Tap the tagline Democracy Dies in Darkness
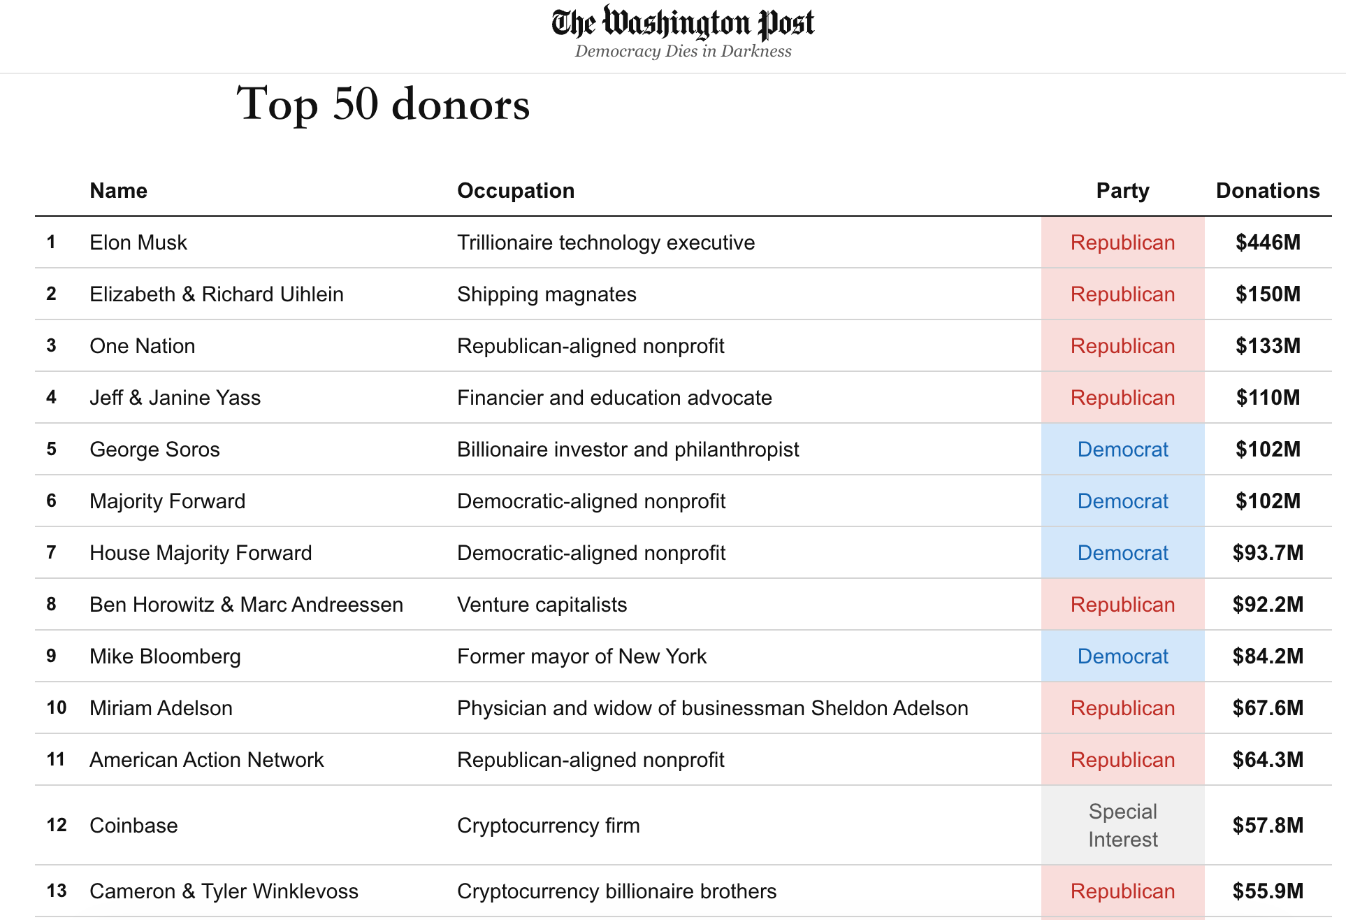683,51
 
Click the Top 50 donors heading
383,104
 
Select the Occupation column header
516,191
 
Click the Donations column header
1268,191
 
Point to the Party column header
1122,191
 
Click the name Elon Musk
138,243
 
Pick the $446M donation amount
1268,243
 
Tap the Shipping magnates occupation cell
547,294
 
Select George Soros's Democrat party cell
1122,450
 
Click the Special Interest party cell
1122,826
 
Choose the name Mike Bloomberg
165,656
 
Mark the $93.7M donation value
1268,553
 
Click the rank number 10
57,707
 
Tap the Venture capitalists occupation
542,605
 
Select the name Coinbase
133,826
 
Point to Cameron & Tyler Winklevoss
224,891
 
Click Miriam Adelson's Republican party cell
1122,708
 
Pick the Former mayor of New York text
581,656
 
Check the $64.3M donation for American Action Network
1268,760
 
